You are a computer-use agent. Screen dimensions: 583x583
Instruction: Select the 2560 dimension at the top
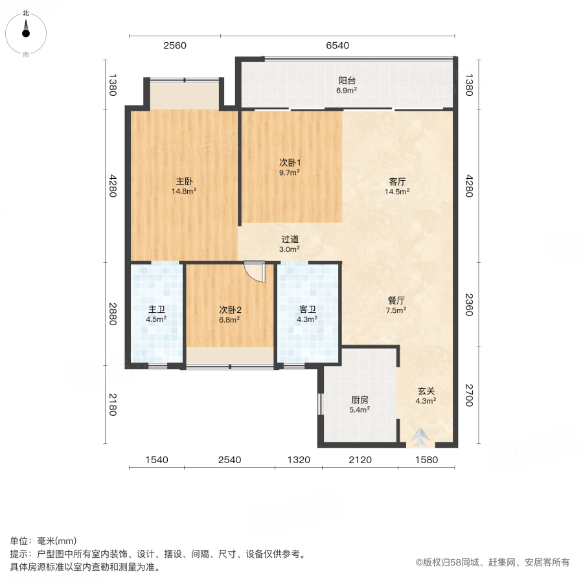174,45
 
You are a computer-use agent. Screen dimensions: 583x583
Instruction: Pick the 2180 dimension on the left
112,405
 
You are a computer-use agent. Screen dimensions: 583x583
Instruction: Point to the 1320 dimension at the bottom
299,460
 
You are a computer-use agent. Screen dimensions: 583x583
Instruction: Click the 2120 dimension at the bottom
360,460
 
